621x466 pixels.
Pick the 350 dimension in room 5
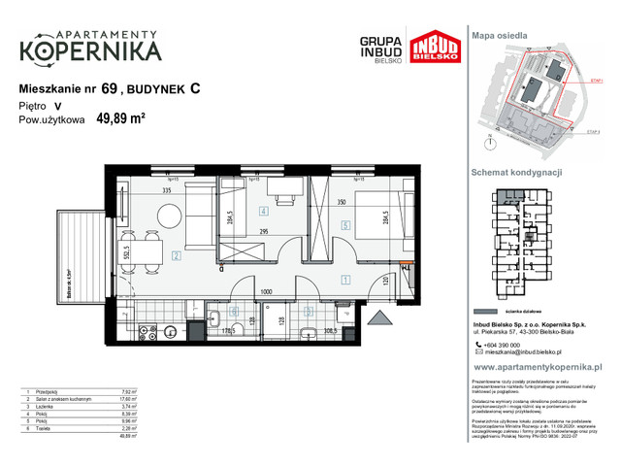(342, 202)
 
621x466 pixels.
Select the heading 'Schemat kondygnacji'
(517, 171)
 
